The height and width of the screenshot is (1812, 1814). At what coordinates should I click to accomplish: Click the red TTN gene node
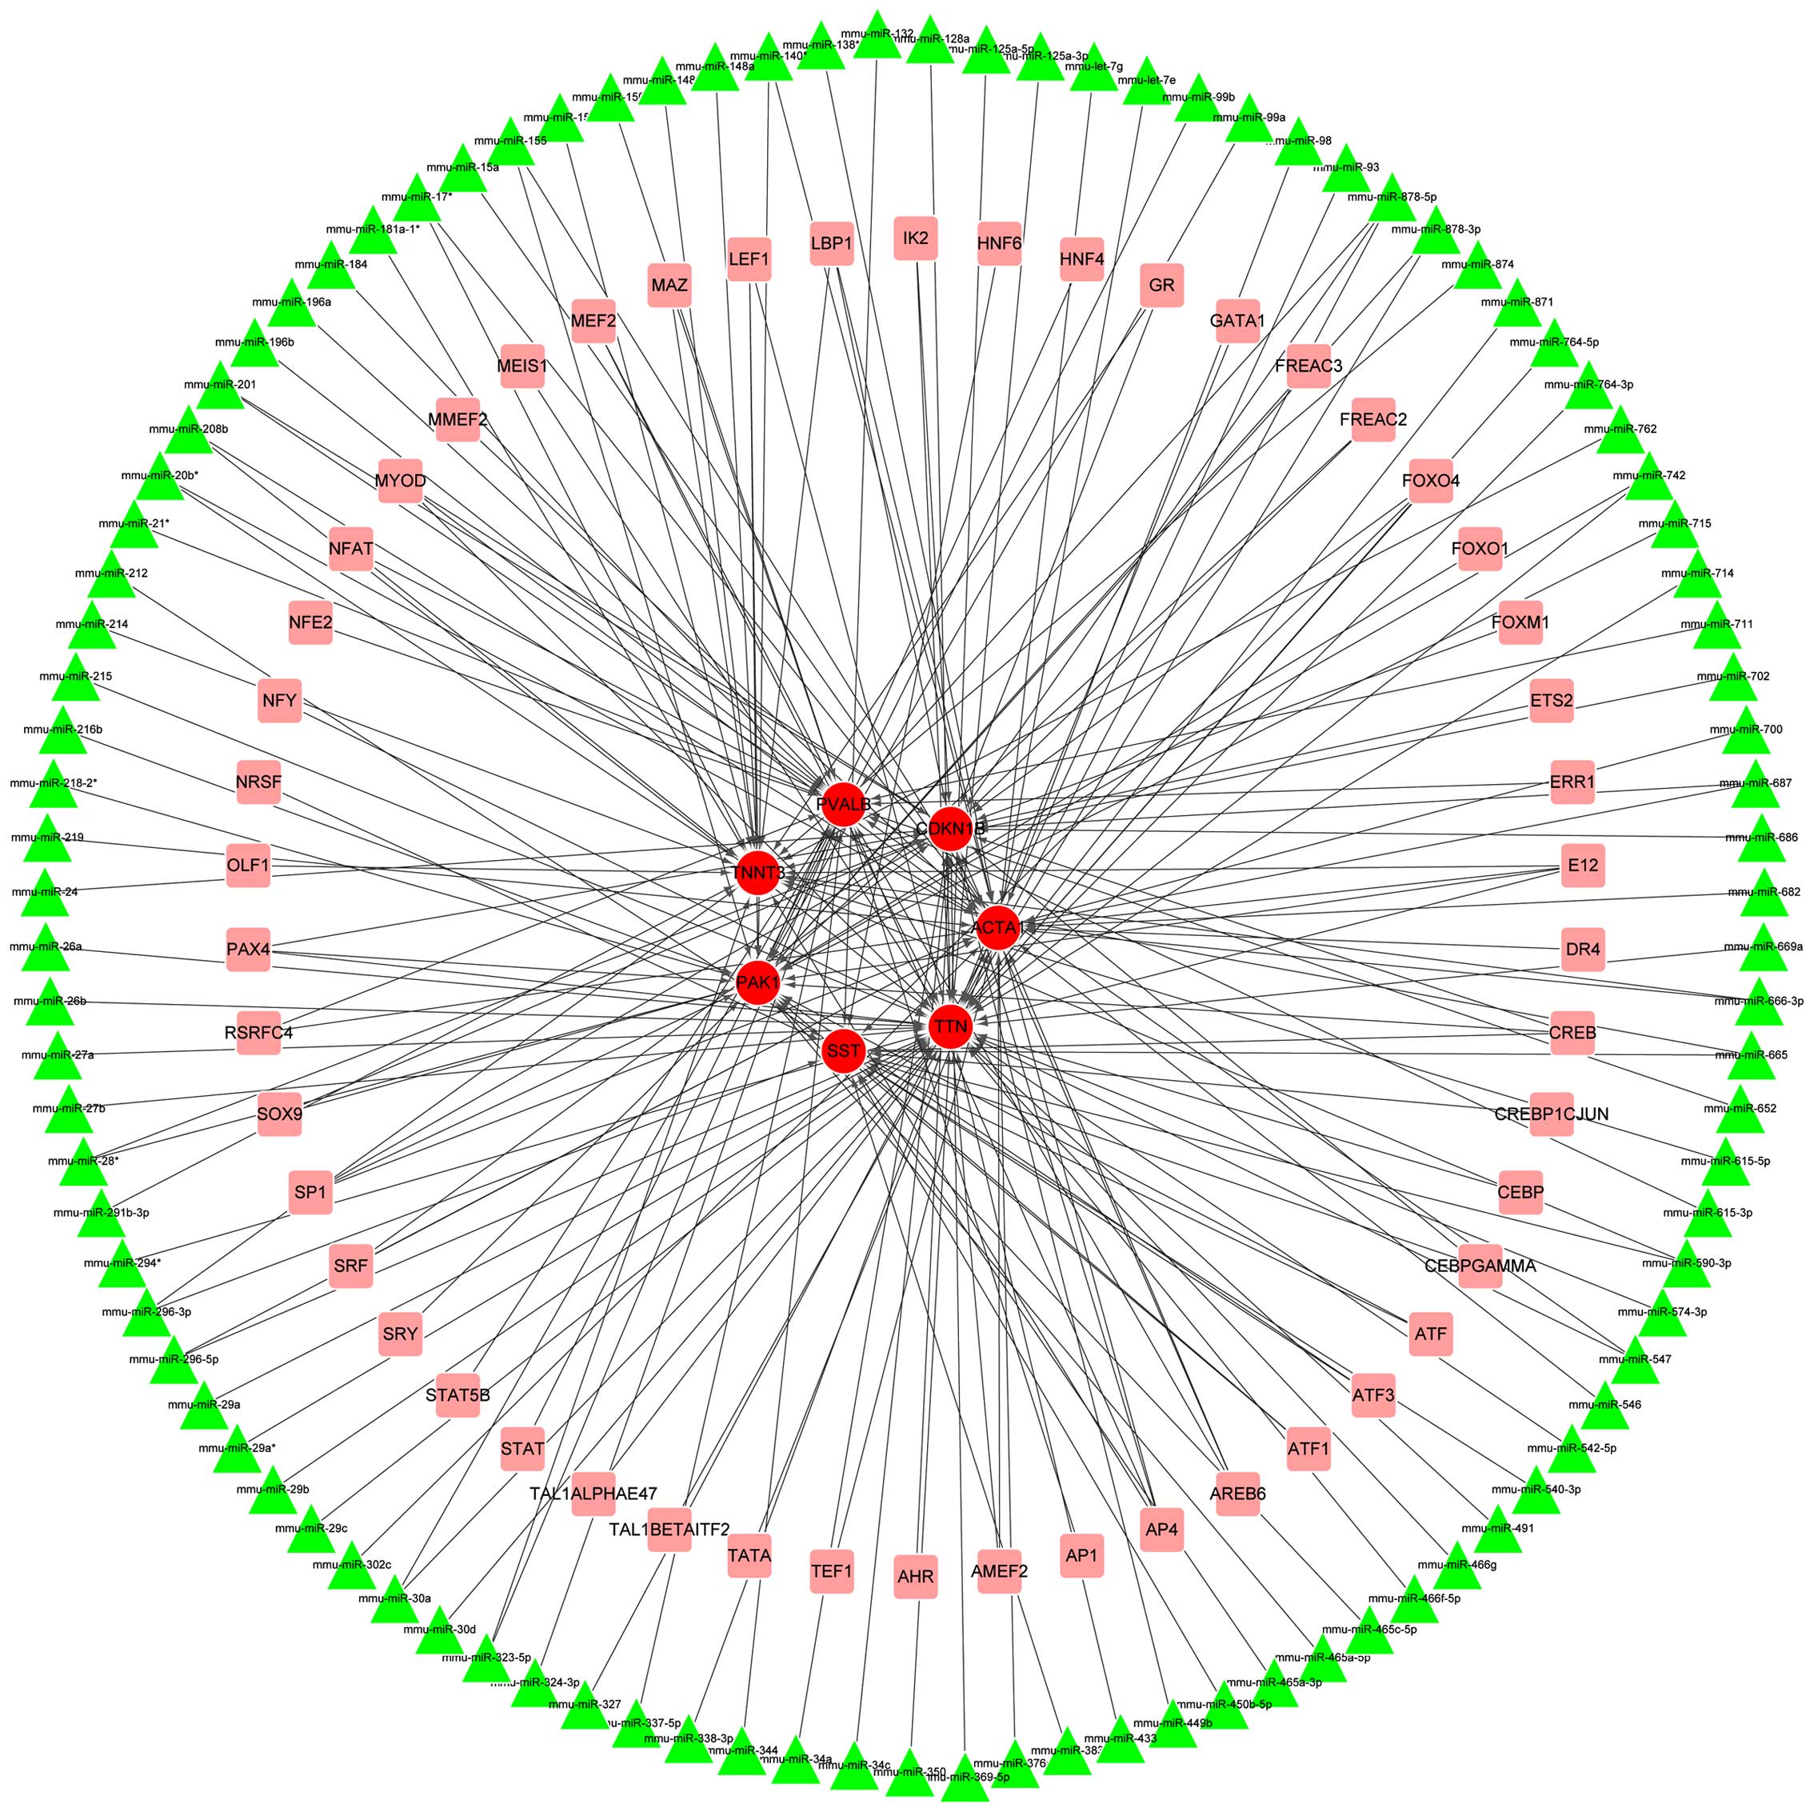(949, 1026)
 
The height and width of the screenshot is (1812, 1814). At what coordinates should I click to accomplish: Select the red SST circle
(842, 1050)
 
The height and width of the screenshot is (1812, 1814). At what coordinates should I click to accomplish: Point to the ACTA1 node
(997, 928)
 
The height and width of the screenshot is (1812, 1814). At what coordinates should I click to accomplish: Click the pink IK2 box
(916, 238)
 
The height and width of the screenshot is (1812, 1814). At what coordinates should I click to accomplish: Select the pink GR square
(1161, 285)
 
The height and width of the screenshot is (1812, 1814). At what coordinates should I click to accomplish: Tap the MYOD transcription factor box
(400, 481)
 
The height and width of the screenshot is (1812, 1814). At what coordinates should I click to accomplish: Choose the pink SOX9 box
(279, 1114)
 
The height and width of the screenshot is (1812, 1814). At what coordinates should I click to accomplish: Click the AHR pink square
(916, 1577)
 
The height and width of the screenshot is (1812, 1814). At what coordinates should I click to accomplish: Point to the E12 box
(1582, 864)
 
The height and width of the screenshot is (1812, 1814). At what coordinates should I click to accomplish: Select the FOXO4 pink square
(1430, 481)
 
